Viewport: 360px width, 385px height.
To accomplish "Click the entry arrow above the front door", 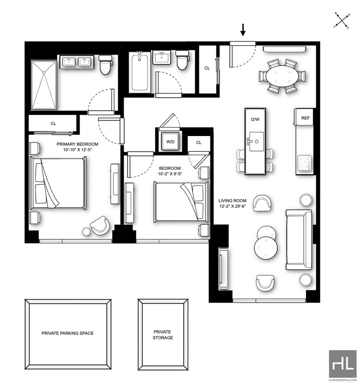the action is tap(243, 30).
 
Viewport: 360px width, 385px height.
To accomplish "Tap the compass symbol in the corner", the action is tap(342, 20).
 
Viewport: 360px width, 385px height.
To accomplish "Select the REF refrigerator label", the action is tap(305, 118).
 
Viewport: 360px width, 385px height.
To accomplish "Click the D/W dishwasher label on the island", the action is tap(255, 120).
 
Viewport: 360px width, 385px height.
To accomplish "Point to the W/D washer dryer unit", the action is tap(170, 141).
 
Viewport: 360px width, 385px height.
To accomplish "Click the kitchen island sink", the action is tap(256, 141).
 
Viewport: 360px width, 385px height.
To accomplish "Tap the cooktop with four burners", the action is tap(305, 163).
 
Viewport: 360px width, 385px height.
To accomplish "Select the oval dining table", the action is tap(283, 76).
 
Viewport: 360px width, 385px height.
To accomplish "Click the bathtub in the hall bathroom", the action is tap(139, 72).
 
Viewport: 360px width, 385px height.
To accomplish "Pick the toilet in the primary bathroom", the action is tap(106, 65).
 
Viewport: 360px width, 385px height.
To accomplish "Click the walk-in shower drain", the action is tap(44, 72).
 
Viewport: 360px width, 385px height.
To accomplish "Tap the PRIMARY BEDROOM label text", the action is tap(77, 144).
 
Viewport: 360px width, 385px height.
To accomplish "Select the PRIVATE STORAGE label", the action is tap(162, 335).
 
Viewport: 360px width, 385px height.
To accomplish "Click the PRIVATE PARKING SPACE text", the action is tap(67, 333).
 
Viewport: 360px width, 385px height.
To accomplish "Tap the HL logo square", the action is tap(342, 364).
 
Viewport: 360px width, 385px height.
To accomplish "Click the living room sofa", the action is tap(299, 240).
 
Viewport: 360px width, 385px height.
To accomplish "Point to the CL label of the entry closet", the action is tap(207, 68).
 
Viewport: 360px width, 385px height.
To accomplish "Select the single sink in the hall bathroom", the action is tap(162, 58).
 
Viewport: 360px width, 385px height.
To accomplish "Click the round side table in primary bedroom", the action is tap(86, 231).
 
